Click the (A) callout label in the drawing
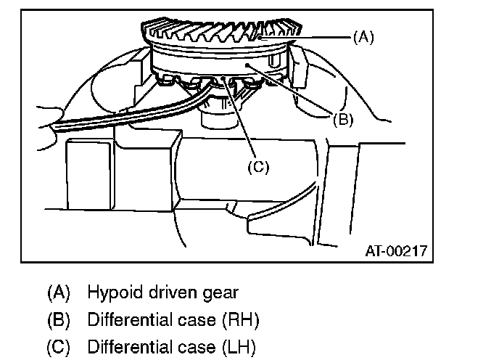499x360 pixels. (363, 37)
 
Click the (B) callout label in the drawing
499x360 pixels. (343, 120)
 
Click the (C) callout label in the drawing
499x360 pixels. (257, 167)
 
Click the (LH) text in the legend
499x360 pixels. (239, 346)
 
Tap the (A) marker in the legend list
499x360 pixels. (59, 293)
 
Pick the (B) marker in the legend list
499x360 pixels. (59, 320)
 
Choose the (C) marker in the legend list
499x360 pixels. (59, 346)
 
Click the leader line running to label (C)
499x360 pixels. (244, 120)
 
